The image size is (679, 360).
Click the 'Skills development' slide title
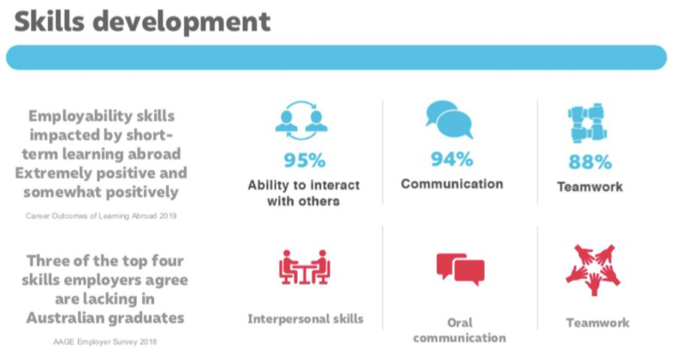[142, 23]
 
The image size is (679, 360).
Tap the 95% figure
[305, 161]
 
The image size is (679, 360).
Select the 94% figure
[452, 159]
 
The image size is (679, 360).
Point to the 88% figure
[590, 162]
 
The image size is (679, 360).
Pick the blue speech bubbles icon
[450, 119]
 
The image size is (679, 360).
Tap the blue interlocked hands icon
[587, 123]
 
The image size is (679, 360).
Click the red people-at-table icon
[305, 267]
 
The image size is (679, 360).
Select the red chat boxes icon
[460, 269]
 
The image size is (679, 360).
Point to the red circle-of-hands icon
[593, 270]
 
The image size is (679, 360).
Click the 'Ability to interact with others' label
[304, 193]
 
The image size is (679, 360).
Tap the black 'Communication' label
[452, 184]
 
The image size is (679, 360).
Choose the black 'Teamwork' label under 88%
[590, 187]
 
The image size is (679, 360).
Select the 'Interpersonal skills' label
[305, 319]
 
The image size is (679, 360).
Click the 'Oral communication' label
[459, 330]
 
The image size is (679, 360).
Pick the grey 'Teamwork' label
[598, 322]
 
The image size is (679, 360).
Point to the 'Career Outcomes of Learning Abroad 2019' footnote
[101, 216]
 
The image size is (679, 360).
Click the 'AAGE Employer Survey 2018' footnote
[105, 342]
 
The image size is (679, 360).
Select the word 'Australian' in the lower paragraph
[64, 318]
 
